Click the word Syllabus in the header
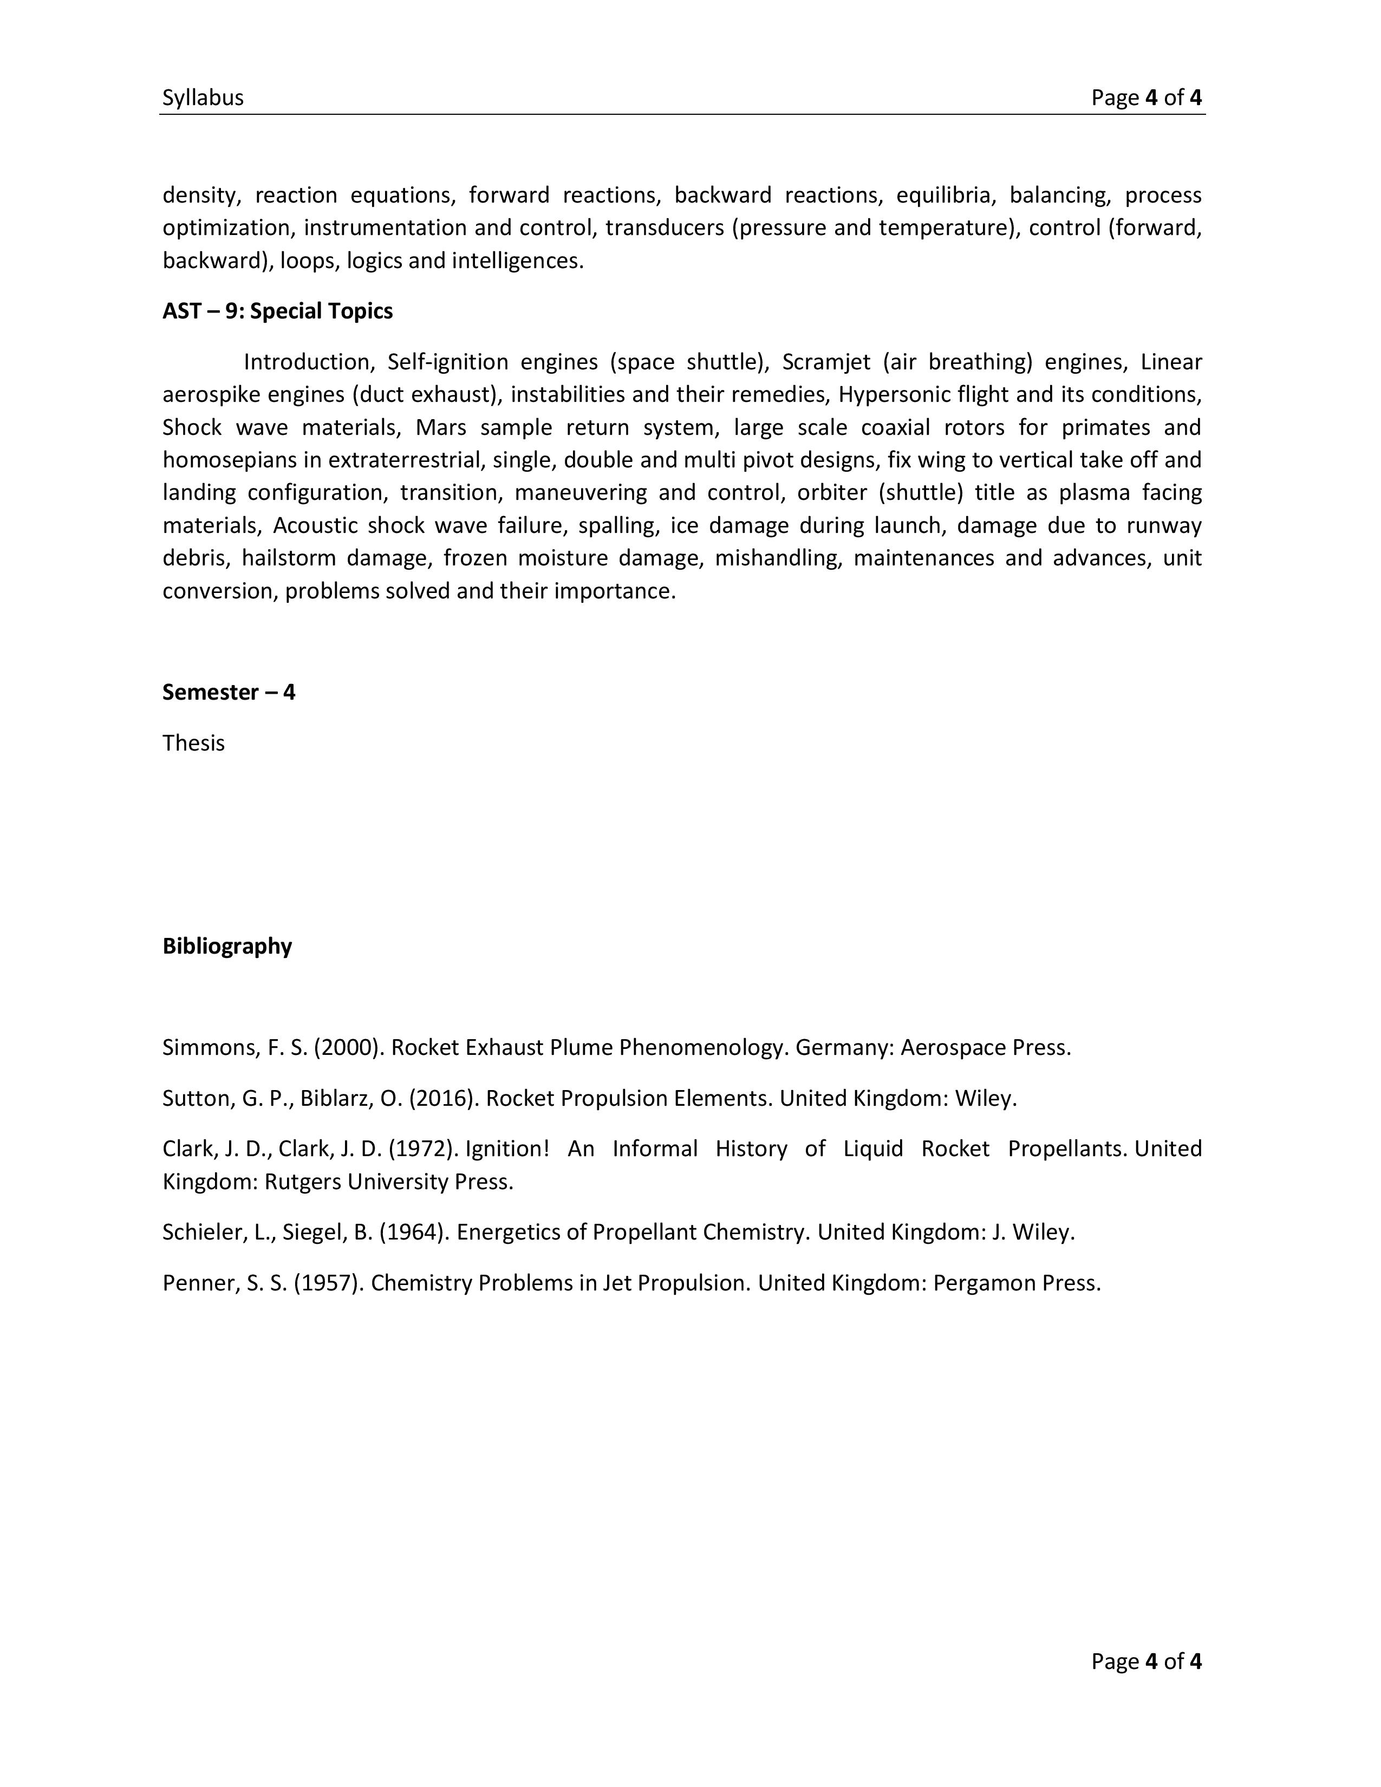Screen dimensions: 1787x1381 click(203, 98)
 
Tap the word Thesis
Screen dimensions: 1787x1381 click(193, 743)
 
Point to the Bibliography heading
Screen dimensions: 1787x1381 click(226, 946)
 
